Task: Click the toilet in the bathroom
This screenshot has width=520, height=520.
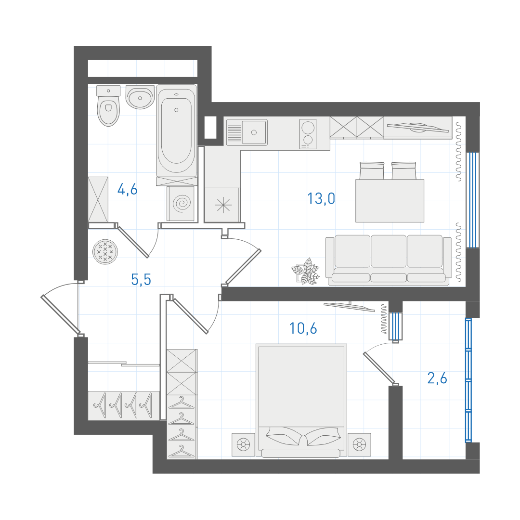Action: click(x=108, y=105)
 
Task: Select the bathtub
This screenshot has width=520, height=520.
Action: click(x=176, y=129)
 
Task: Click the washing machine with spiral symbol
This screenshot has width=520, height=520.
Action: click(x=181, y=203)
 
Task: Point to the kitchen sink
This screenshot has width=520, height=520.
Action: click(x=247, y=132)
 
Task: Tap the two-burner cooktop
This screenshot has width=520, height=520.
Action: click(x=308, y=134)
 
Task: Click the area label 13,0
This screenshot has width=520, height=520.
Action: click(x=321, y=199)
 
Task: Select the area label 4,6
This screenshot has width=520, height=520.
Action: click(x=127, y=189)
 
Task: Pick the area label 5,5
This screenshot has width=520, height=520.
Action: click(x=141, y=280)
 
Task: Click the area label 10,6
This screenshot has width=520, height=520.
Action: click(x=303, y=328)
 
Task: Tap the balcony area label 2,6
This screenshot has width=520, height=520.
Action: click(x=437, y=378)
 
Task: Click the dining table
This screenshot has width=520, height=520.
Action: click(x=390, y=201)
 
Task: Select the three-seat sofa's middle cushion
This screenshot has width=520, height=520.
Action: click(x=389, y=251)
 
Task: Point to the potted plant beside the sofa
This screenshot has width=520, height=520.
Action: click(x=305, y=271)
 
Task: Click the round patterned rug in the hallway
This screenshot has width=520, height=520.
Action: click(x=105, y=252)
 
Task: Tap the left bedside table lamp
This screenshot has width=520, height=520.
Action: click(x=244, y=444)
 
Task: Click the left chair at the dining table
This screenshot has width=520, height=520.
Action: click(x=372, y=170)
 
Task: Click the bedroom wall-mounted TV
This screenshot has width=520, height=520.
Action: click(x=349, y=306)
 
